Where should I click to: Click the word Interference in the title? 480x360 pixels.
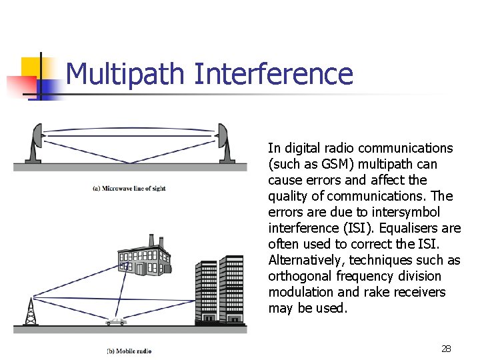pyautogui.click(x=273, y=73)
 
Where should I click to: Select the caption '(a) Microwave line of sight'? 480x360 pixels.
pyautogui.click(x=129, y=189)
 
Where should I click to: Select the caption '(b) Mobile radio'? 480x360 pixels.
pyautogui.click(x=129, y=351)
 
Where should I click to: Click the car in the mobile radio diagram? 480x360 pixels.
pyautogui.click(x=116, y=321)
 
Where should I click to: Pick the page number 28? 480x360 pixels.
pyautogui.click(x=446, y=349)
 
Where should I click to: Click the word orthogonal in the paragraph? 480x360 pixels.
pyautogui.click(x=299, y=276)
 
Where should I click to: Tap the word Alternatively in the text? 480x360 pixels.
pyautogui.click(x=306, y=260)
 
